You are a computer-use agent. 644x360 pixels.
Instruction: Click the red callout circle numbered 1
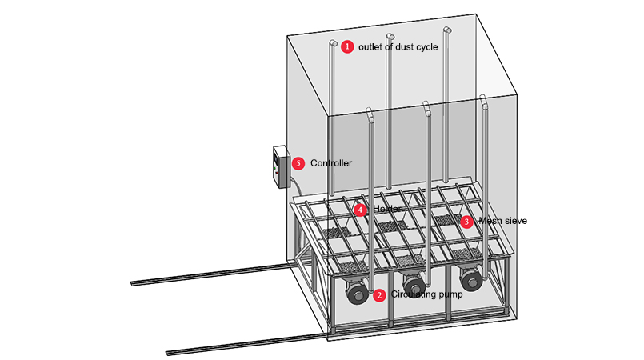click(x=347, y=46)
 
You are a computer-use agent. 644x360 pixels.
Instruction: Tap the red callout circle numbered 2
click(x=379, y=295)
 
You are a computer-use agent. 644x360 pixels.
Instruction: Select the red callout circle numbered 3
click(x=466, y=221)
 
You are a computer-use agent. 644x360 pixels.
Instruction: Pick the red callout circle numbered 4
click(x=360, y=210)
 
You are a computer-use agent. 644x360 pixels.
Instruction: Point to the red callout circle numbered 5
click(x=298, y=163)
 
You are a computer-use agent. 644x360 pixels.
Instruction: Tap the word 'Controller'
click(x=331, y=163)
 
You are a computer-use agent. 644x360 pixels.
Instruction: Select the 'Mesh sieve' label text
click(x=502, y=221)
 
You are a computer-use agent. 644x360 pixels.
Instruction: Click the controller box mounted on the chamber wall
click(x=280, y=166)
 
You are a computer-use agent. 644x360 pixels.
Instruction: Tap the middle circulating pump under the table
click(x=414, y=286)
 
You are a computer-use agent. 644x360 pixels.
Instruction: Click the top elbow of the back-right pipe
click(x=446, y=30)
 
